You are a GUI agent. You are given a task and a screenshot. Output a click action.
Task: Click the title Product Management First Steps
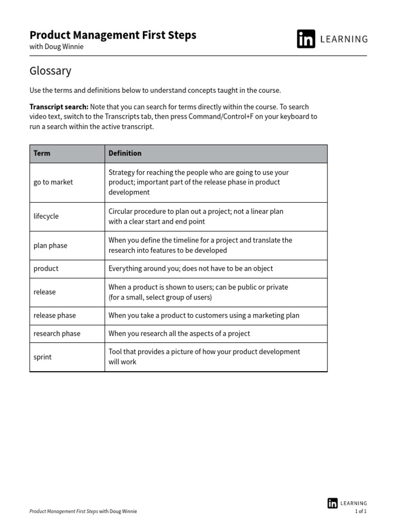(113, 35)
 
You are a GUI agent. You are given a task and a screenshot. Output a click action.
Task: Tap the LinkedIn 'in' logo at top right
(306, 39)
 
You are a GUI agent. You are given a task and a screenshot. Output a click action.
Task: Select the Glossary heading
(51, 71)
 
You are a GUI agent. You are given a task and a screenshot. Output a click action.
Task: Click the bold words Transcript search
(59, 107)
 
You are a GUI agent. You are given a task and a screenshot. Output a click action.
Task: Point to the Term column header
(42, 153)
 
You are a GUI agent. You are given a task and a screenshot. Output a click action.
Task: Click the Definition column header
(125, 153)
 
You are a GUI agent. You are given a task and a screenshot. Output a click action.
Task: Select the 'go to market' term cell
(53, 182)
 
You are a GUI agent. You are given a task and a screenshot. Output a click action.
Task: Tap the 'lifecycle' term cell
(46, 217)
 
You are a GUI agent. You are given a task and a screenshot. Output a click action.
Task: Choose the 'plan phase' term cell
(51, 245)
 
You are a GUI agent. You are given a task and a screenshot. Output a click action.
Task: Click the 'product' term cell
(46, 269)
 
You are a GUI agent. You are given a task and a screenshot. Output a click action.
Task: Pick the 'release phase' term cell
(54, 316)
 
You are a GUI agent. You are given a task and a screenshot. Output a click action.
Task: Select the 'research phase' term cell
(57, 334)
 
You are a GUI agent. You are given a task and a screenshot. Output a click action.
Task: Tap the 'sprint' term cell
(42, 357)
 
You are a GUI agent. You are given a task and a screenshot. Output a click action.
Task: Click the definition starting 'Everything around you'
(190, 269)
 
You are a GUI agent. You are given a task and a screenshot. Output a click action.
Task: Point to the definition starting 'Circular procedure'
(195, 217)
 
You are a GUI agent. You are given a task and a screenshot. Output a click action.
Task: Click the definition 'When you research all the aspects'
(179, 334)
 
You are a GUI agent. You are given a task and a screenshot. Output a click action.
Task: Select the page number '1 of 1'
(361, 511)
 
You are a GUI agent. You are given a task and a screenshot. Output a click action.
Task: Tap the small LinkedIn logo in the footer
(333, 503)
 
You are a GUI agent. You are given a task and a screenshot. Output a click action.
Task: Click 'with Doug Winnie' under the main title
(56, 47)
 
